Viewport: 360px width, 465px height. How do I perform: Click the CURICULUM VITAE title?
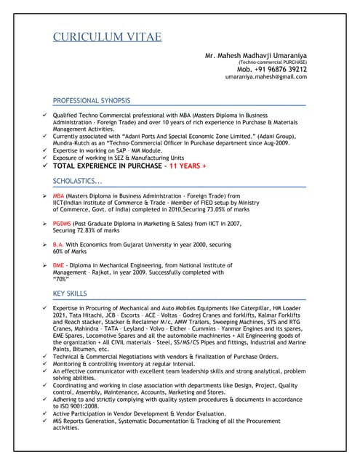coord(108,37)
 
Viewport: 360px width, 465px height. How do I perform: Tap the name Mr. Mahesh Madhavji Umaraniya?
coord(255,55)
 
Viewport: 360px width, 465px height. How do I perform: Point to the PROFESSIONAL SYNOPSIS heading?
coord(92,100)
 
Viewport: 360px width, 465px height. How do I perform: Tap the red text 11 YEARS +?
coord(188,166)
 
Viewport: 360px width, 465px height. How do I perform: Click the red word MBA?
coord(59,196)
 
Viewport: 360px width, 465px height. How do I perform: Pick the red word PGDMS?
coord(63,224)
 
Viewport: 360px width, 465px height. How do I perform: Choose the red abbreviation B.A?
coord(59,244)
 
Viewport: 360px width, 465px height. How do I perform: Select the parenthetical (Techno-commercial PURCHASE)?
coord(268,62)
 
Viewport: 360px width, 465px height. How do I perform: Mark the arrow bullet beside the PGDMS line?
coord(44,224)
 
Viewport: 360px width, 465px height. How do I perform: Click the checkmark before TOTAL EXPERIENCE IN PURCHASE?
coord(44,166)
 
